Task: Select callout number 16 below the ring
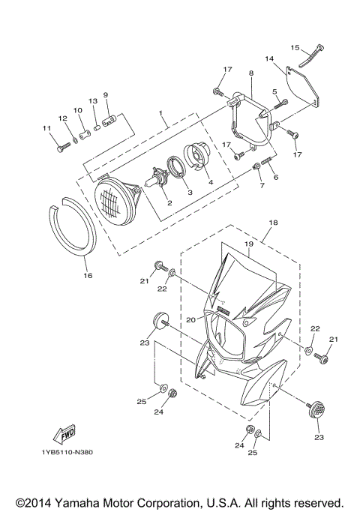point(87,275)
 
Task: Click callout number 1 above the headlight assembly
point(160,114)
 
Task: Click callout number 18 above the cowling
point(273,223)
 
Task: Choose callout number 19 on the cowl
point(246,245)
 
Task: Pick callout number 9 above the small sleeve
point(106,95)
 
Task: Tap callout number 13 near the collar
point(93,100)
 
